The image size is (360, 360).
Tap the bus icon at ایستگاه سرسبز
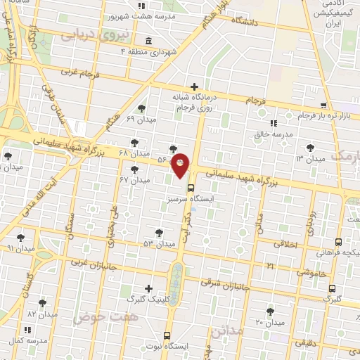click(x=190, y=187)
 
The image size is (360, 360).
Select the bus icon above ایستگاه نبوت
click(x=167, y=335)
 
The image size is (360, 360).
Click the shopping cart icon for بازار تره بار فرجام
click(x=323, y=105)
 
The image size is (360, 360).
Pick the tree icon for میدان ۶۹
click(x=143, y=108)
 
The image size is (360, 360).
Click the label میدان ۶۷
click(x=135, y=180)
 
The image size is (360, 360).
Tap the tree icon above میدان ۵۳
click(x=159, y=232)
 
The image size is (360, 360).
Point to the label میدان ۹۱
click(x=20, y=249)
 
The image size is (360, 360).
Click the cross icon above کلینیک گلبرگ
click(x=148, y=288)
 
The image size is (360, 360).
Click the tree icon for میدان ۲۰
click(x=270, y=311)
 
